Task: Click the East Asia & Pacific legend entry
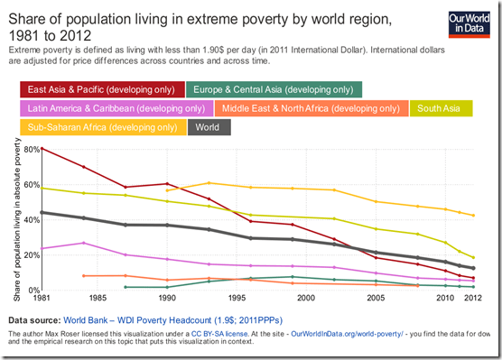[100, 88]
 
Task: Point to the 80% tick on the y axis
[31, 149]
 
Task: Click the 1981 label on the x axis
[42, 298]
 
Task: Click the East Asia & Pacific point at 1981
[42, 149]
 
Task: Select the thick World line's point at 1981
[42, 212]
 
